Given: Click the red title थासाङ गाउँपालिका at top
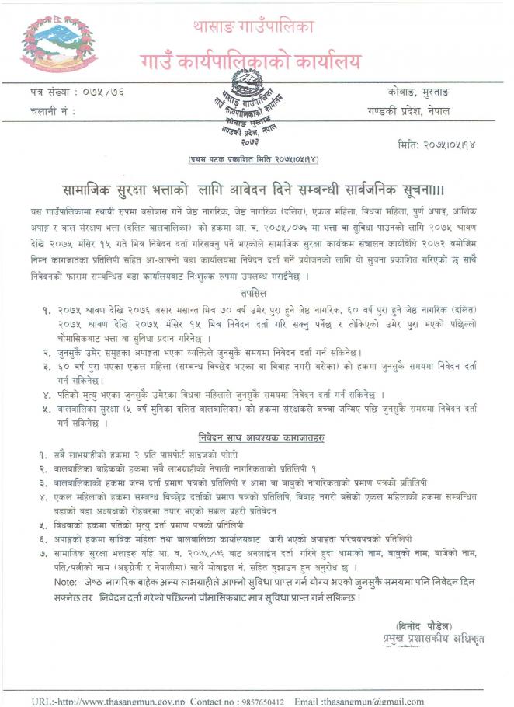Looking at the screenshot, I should point(255,26).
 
